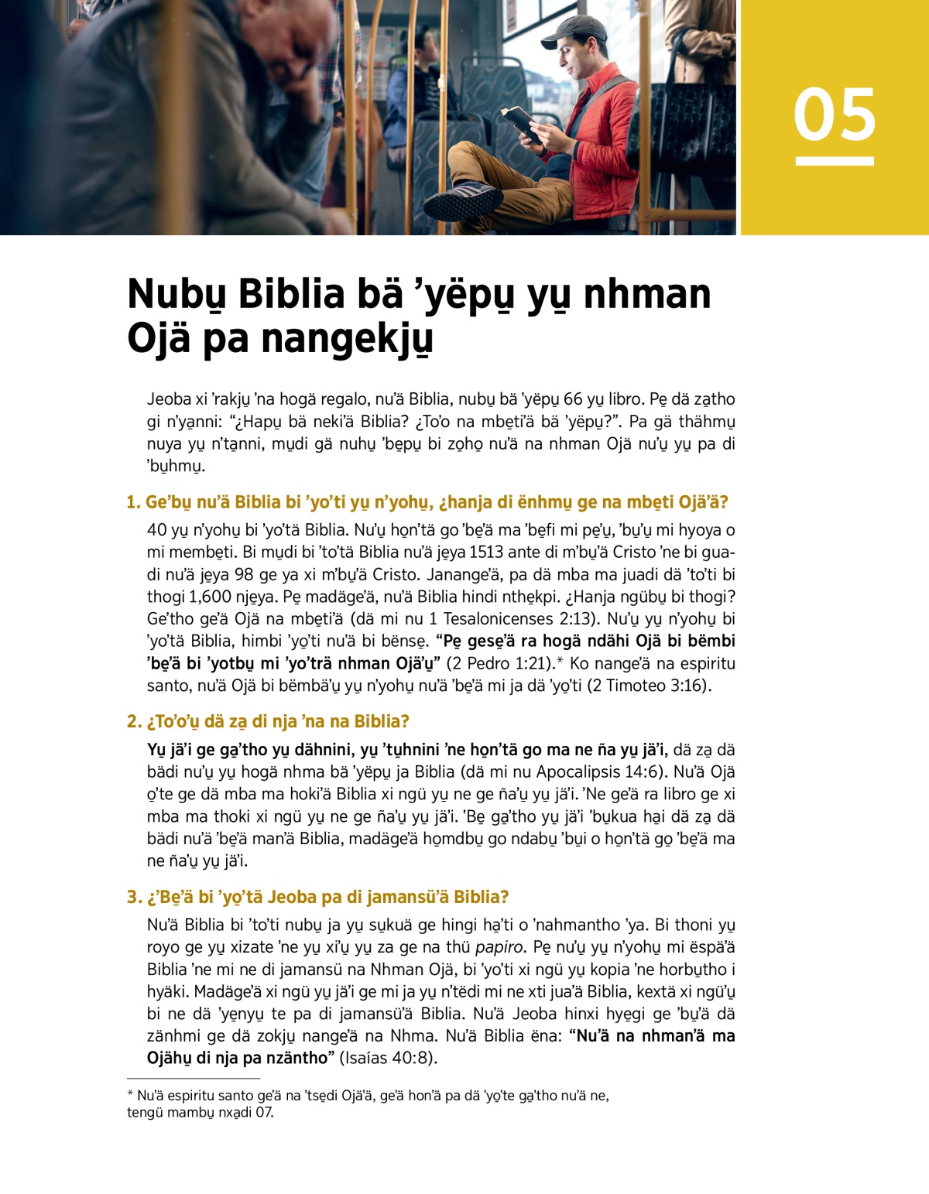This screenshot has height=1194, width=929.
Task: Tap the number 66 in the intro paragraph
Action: [x=573, y=399]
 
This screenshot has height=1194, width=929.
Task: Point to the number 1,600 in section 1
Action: [x=210, y=597]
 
